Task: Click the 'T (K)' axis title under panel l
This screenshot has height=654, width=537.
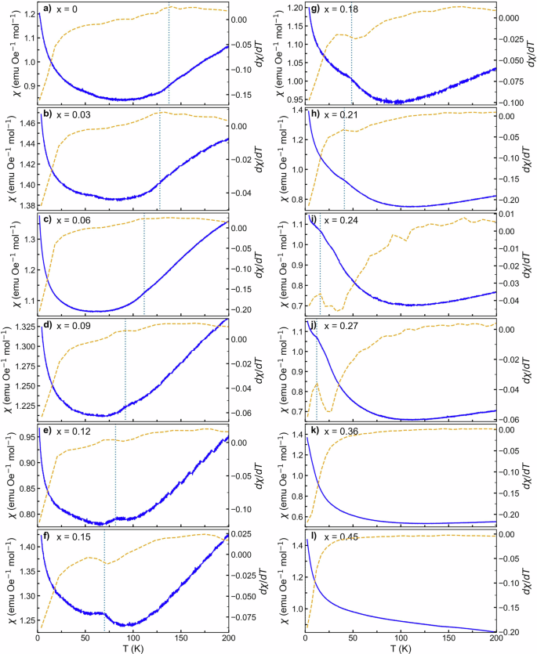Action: point(400,646)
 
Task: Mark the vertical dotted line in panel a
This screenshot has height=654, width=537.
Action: point(169,55)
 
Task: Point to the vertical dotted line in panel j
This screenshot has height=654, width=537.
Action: point(317,368)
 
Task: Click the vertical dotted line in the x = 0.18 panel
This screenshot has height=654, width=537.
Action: point(351,55)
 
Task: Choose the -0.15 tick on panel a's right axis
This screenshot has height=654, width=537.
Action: point(243,94)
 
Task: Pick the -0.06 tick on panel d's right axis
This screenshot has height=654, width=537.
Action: point(243,413)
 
